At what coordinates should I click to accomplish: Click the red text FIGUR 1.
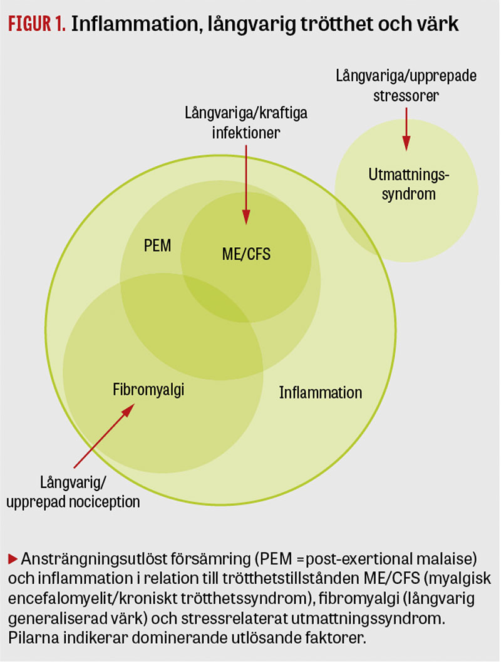coord(36,24)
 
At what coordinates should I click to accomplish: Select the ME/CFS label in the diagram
coord(247,254)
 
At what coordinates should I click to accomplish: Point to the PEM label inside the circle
coord(157,245)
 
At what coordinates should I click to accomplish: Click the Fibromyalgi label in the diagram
coord(149,390)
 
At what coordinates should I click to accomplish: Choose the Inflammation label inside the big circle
coord(320,393)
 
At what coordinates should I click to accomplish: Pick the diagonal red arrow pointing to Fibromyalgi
coord(104,436)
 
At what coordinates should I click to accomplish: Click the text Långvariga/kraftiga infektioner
coord(245,123)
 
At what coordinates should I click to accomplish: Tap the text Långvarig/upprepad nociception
coord(87,492)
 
